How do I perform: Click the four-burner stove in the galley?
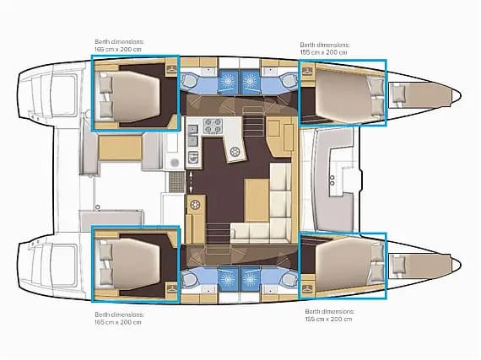point(213,126)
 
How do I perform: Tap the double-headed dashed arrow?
point(191,181)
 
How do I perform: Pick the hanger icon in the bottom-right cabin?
point(306,288)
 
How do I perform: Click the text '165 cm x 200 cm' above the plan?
point(118,49)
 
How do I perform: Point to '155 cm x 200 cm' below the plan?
point(328,319)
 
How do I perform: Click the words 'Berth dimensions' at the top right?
point(325,45)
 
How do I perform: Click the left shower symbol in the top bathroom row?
point(228,81)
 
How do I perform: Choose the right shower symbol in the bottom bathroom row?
point(251,279)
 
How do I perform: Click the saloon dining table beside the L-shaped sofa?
point(257,201)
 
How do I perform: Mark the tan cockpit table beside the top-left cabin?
point(120,148)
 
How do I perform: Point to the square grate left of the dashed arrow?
point(177,181)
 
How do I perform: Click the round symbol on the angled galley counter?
point(235,152)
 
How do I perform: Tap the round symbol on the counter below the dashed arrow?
point(194,204)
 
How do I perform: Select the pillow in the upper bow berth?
point(397,94)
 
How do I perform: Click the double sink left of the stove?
point(192,136)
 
